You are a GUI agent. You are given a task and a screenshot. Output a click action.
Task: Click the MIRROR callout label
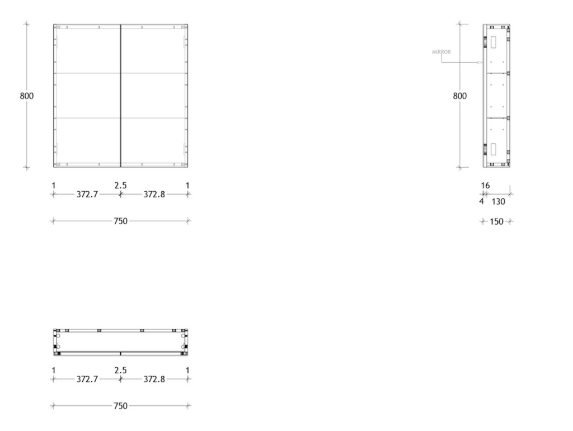tap(441, 52)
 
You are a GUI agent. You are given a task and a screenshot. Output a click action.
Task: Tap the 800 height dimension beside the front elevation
tap(27, 96)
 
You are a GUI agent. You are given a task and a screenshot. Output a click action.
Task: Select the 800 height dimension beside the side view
tap(460, 96)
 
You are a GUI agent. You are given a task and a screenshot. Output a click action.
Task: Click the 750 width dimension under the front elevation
tap(121, 221)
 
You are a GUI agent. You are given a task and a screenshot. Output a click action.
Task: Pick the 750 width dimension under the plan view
tap(121, 406)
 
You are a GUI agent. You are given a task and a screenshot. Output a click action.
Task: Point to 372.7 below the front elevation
tap(87, 195)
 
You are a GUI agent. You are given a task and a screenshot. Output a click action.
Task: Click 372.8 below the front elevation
tap(154, 195)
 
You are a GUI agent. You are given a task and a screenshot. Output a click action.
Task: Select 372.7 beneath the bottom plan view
tap(87, 379)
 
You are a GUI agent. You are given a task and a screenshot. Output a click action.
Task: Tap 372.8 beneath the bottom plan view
tap(154, 379)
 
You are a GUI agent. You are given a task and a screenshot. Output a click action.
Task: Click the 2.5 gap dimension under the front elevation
tap(121, 186)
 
